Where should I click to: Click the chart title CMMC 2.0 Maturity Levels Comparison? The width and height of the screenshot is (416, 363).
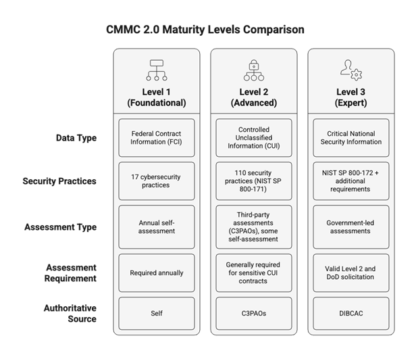pyautogui.click(x=205, y=30)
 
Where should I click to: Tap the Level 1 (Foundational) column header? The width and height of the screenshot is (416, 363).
pyautogui.click(x=157, y=97)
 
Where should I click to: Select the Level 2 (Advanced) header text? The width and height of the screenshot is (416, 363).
pyautogui.click(x=254, y=97)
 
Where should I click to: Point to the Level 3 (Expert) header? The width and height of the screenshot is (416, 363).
pyautogui.click(x=351, y=97)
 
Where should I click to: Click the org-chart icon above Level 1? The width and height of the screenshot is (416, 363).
pyautogui.click(x=157, y=70)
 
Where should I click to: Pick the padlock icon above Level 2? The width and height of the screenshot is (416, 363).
pyautogui.click(x=254, y=70)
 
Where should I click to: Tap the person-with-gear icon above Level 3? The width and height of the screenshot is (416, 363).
pyautogui.click(x=351, y=70)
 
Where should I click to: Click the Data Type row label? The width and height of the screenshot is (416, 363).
pyautogui.click(x=76, y=138)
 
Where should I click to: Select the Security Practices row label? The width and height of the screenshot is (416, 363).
pyautogui.click(x=59, y=181)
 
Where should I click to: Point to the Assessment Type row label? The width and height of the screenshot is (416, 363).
pyautogui.click(x=61, y=227)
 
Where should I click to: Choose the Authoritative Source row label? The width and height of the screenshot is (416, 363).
pyautogui.click(x=70, y=314)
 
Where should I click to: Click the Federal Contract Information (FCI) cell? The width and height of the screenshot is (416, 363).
pyautogui.click(x=157, y=138)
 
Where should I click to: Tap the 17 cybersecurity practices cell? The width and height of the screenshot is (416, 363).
pyautogui.click(x=157, y=181)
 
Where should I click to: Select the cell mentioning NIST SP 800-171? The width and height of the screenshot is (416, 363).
pyautogui.click(x=254, y=181)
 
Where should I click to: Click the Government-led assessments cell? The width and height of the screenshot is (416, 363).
pyautogui.click(x=351, y=227)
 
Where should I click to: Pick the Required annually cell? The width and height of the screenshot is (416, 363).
pyautogui.click(x=157, y=273)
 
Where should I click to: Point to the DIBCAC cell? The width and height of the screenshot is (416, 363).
pyautogui.click(x=351, y=314)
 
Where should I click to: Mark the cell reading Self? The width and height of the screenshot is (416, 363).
pyautogui.click(x=157, y=314)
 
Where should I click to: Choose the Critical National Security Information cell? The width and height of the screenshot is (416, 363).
pyautogui.click(x=351, y=138)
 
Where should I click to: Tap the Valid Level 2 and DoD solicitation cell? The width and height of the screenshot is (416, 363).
pyautogui.click(x=351, y=273)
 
